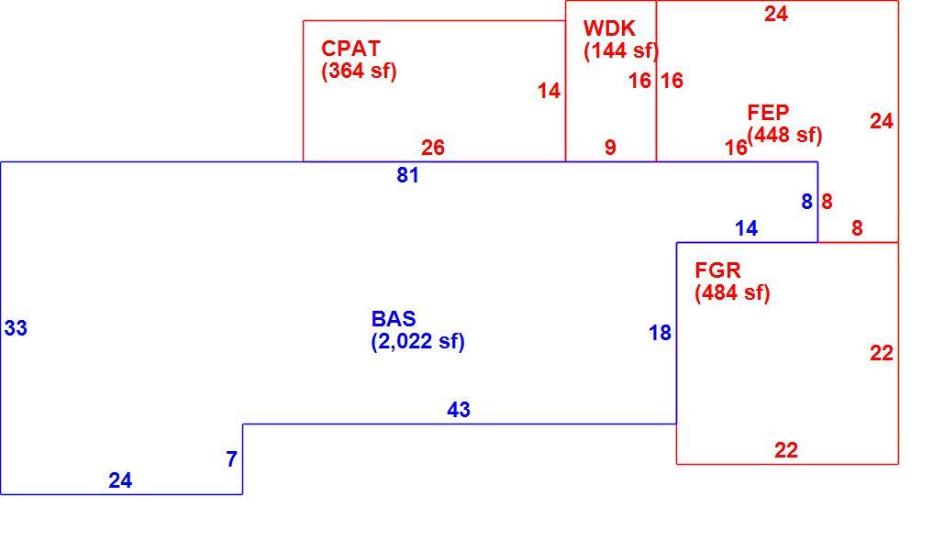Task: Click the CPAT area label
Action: click(x=350, y=48)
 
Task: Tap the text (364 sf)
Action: click(x=359, y=71)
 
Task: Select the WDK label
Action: click(x=609, y=28)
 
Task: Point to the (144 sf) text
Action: click(x=621, y=50)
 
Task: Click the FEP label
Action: click(x=768, y=113)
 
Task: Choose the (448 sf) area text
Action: click(x=784, y=135)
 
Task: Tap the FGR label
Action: click(x=717, y=270)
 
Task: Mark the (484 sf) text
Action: click(x=732, y=292)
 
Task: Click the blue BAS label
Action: click(x=394, y=319)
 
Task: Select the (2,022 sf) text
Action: click(x=417, y=342)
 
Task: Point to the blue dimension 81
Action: click(x=407, y=175)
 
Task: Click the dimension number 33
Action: click(x=16, y=328)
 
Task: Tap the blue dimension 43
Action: click(x=459, y=410)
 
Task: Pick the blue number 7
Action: click(x=232, y=459)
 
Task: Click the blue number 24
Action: click(x=120, y=480)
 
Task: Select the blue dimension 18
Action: click(x=660, y=333)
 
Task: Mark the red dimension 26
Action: click(x=433, y=148)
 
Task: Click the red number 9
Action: click(x=610, y=148)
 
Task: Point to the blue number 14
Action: click(x=747, y=228)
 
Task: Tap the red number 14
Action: click(x=549, y=91)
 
